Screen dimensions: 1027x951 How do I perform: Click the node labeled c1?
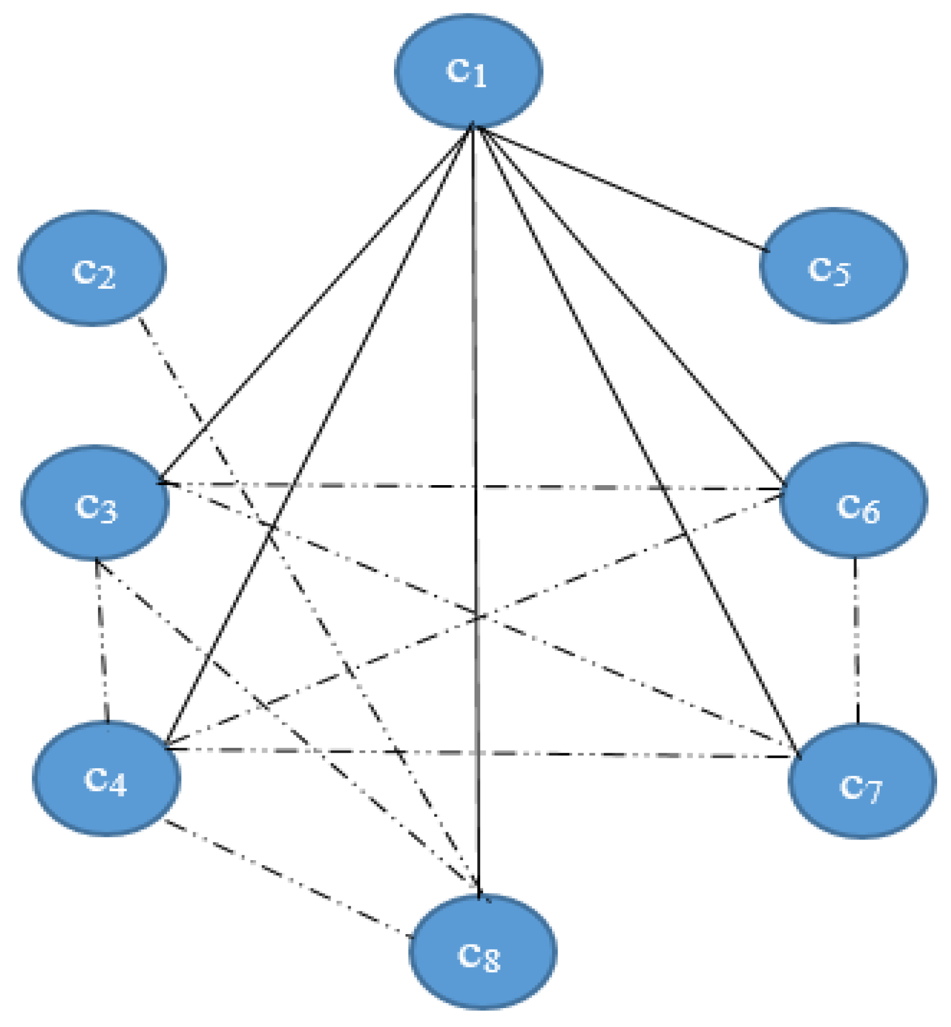point(468,71)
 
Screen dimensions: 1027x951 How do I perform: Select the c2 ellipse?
point(92,268)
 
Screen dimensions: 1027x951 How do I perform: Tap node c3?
point(95,503)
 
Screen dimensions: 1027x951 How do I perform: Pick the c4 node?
point(106,778)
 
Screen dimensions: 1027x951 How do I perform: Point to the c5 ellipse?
point(833,265)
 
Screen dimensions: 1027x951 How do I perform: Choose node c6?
point(854,500)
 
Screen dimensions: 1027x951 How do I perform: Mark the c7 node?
point(862,781)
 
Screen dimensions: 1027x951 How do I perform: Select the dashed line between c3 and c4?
point(102,640)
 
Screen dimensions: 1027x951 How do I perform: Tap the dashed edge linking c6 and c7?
point(856,640)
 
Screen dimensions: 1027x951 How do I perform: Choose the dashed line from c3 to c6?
point(390,486)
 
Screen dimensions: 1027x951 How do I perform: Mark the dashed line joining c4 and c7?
point(556,754)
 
